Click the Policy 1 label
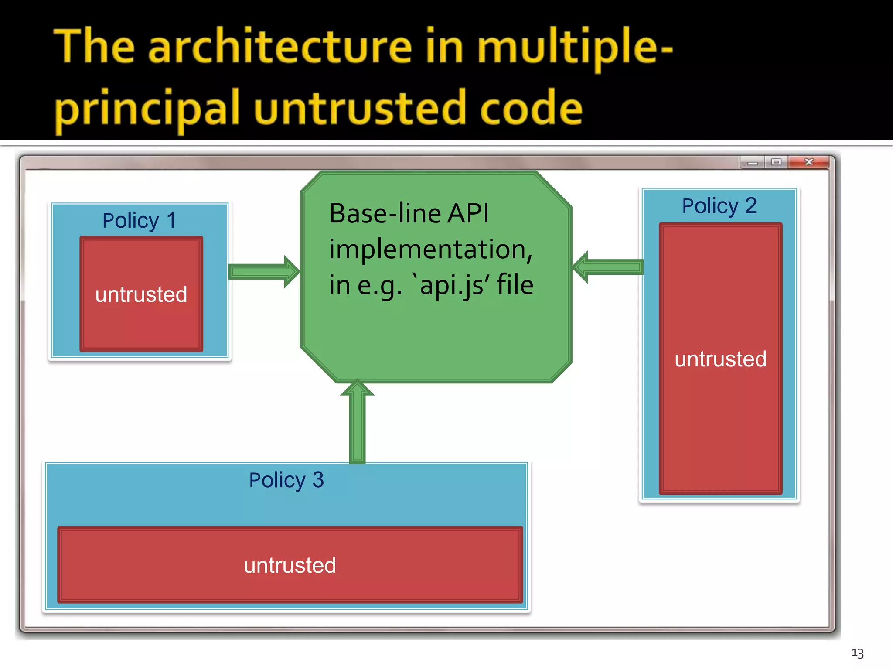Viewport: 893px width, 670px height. [x=139, y=220]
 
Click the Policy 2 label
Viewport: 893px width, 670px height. [x=719, y=206]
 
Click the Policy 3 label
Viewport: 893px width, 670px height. [x=286, y=480]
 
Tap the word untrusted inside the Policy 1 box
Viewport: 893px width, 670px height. [x=141, y=294]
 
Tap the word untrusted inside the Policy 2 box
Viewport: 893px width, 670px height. [x=720, y=359]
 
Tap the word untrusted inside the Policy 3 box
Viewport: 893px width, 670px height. [x=290, y=565]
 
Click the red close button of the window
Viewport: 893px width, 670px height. [x=809, y=162]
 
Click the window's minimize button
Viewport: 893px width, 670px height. [x=752, y=162]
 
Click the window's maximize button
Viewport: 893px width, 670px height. [x=776, y=162]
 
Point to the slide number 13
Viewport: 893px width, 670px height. [x=857, y=653]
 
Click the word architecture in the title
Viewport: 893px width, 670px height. [x=280, y=47]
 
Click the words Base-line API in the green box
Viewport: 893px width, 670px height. [x=409, y=214]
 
